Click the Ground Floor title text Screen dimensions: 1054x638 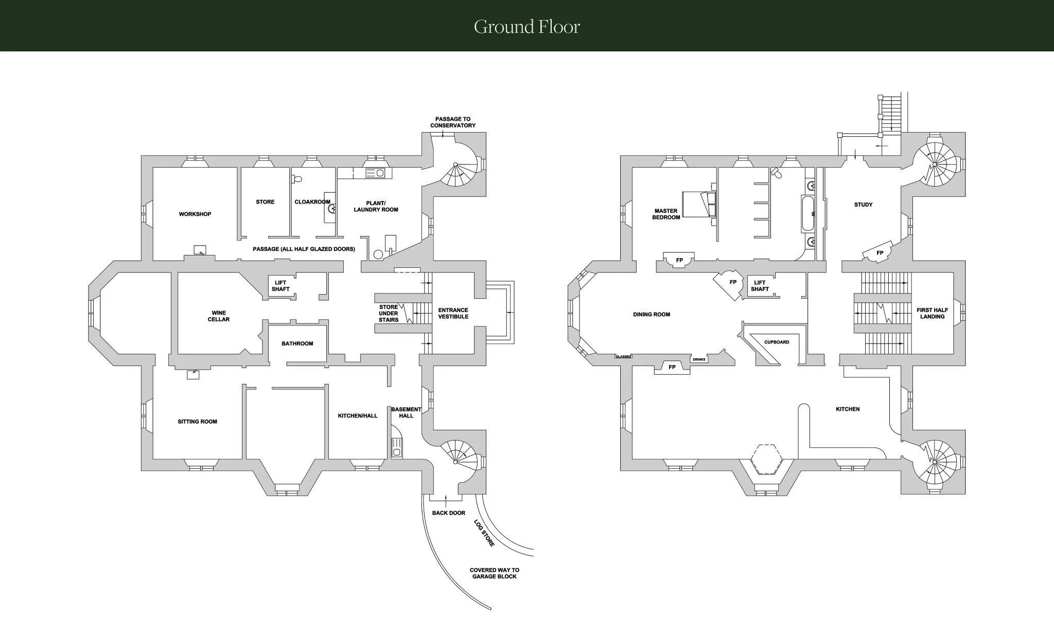coord(527,27)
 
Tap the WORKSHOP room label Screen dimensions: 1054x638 coord(195,214)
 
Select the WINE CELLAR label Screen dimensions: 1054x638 coord(219,316)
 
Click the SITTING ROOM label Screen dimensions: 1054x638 coord(197,422)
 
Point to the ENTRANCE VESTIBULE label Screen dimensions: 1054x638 coord(453,314)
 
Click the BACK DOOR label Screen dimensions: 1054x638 coord(449,513)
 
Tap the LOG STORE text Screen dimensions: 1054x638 coord(484,533)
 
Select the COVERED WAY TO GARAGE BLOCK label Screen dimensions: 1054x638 coord(495,573)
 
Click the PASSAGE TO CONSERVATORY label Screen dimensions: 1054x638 coord(453,122)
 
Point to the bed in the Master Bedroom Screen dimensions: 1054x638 coord(698,204)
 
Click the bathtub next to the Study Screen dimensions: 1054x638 coord(807,213)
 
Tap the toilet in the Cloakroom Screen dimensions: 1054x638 coord(296,180)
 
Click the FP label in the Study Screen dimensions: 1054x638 coord(880,253)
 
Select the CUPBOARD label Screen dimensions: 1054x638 coord(777,342)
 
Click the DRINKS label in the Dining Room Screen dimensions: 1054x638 coord(699,359)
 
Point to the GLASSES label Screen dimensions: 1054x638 coord(623,356)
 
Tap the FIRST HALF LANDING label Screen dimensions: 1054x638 coord(932,314)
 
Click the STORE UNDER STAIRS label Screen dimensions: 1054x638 coord(389,314)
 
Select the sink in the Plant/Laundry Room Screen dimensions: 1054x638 coord(376,173)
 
